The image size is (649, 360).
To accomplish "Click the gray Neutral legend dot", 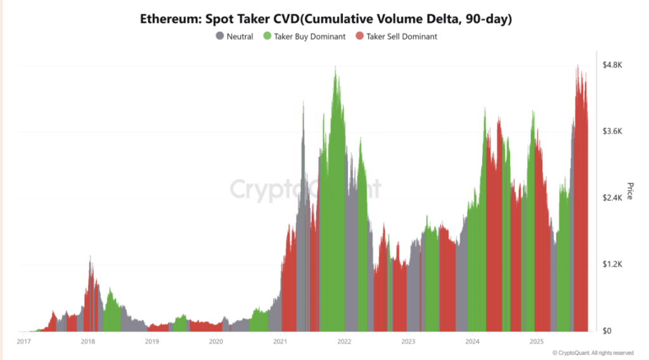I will pos(220,36).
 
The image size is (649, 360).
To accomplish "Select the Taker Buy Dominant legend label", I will pos(309,36).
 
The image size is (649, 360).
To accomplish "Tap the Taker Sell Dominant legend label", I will pos(401,36).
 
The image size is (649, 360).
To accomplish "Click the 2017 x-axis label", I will pos(24,342).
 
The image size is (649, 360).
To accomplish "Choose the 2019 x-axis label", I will pos(151,342).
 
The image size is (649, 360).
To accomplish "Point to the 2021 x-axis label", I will pos(280,342).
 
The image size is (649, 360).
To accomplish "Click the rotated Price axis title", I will pos(630,191).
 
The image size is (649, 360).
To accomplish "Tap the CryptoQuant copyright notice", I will pos(593,352).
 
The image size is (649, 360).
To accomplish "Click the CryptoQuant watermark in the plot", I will pos(304,188).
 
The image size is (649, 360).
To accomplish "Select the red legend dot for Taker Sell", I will pos(359,36).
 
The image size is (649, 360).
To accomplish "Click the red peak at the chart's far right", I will pos(578,67).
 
